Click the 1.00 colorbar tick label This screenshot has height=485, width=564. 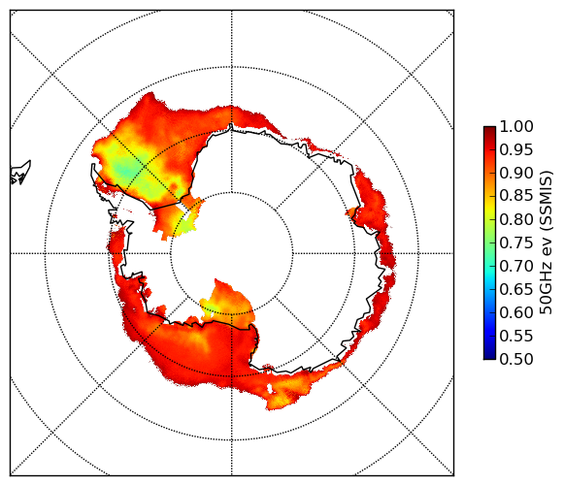tap(516, 126)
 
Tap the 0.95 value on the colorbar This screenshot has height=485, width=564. tap(516, 150)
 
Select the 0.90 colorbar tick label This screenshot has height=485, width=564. tap(516, 173)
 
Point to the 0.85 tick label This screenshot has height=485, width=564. tap(516, 196)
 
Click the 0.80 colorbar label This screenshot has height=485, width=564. tap(516, 219)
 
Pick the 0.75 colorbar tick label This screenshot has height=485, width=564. tap(516, 243)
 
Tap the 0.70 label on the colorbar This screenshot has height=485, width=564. tap(516, 267)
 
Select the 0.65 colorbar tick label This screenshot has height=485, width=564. tap(516, 289)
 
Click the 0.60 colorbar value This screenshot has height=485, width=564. tap(516, 312)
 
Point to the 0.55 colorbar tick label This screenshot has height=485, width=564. tap(516, 337)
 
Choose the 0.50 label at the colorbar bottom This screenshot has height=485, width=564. tap(516, 359)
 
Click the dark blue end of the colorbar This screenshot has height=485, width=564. tap(489, 356)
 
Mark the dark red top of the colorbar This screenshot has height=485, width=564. tap(489, 129)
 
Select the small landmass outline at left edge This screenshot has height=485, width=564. tap(19, 173)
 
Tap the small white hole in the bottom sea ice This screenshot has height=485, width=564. tap(269, 388)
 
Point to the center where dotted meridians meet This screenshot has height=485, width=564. tap(232, 253)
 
